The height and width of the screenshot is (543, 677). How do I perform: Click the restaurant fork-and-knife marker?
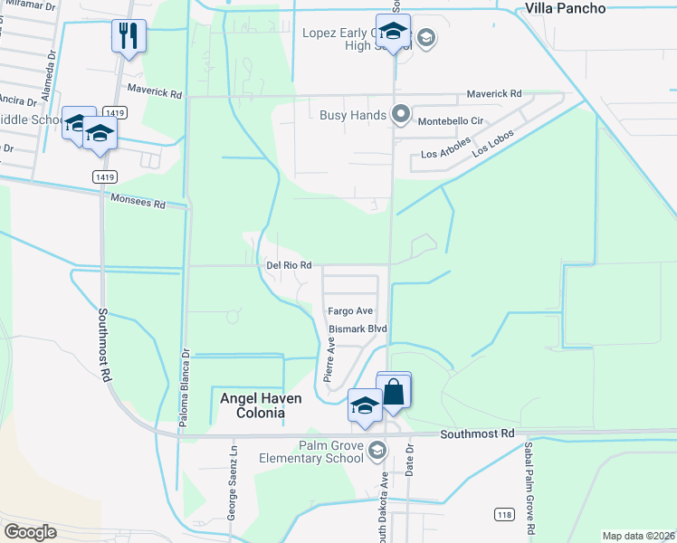tap(128, 36)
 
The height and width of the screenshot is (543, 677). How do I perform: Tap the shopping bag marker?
tap(394, 391)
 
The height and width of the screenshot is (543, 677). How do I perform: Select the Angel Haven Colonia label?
tap(249, 405)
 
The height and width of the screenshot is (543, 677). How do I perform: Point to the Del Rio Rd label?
tap(290, 265)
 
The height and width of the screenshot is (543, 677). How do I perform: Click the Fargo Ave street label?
tap(350, 310)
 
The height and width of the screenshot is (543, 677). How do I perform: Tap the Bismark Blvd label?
tap(358, 329)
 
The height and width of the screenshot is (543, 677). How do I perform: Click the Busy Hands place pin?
tap(400, 115)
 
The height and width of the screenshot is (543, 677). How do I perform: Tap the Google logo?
tap(30, 532)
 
